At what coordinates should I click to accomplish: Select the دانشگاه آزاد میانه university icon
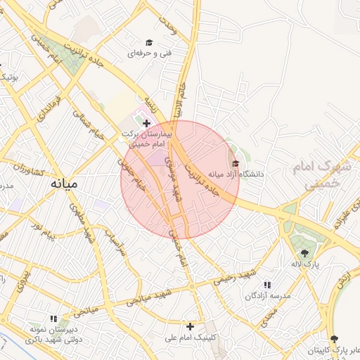[235, 164]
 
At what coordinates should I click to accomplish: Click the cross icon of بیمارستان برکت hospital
[146, 123]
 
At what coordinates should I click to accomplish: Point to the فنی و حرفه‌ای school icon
[148, 43]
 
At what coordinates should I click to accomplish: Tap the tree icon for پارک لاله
[304, 253]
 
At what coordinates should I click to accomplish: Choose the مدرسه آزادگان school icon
[267, 285]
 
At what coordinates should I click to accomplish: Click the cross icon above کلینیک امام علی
[190, 326]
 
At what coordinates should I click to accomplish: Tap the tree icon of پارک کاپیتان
[333, 339]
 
